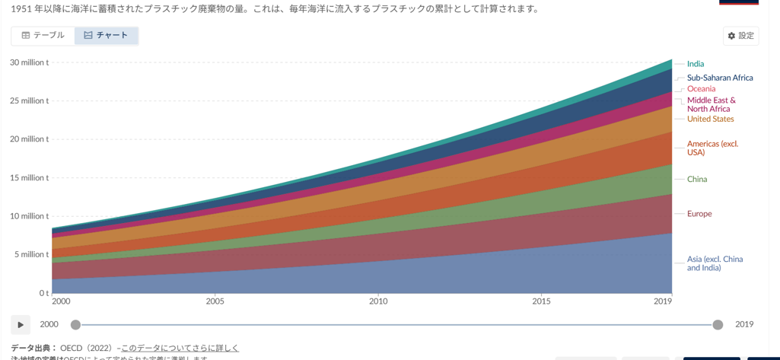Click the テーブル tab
click(43, 36)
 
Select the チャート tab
click(107, 36)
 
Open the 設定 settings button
click(740, 36)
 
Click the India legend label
click(695, 64)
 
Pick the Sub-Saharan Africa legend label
click(719, 78)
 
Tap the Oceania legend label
click(701, 89)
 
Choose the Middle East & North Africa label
click(711, 104)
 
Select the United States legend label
click(710, 119)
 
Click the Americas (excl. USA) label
click(712, 148)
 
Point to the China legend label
click(696, 180)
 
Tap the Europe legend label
click(699, 214)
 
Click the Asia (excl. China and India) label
click(715, 263)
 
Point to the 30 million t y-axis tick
click(29, 62)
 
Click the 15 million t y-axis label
click(29, 178)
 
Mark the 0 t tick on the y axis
click(43, 293)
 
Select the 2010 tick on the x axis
click(378, 301)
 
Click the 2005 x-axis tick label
click(215, 301)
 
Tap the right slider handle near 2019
click(718, 325)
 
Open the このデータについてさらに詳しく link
click(180, 348)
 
